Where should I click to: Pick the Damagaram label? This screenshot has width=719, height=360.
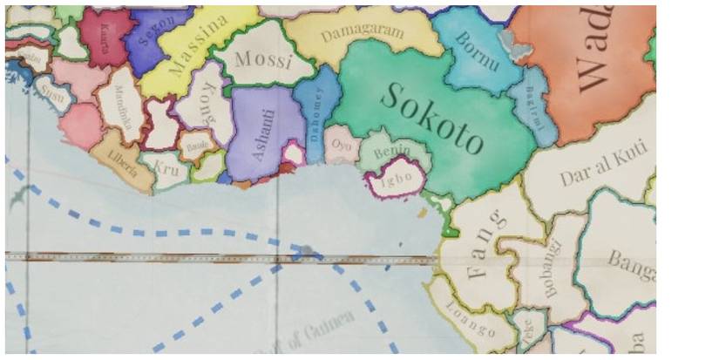(363, 33)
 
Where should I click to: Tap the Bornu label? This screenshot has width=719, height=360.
(477, 54)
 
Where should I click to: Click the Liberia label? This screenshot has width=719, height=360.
(123, 164)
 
